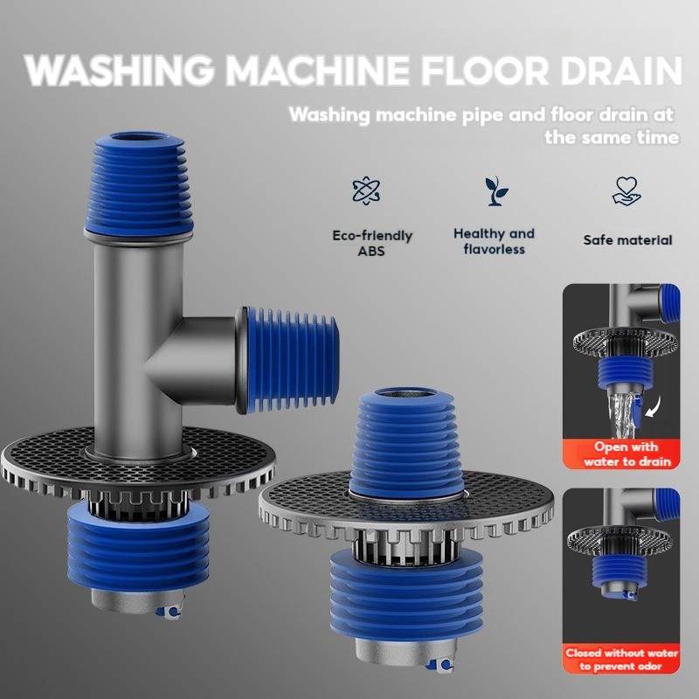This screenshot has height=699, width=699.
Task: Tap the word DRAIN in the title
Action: point(621,71)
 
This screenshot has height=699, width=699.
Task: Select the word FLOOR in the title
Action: point(486,71)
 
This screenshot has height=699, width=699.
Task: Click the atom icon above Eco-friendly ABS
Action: point(366,190)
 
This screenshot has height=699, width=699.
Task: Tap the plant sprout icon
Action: point(495,190)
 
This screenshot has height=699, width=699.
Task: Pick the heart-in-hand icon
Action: point(626,190)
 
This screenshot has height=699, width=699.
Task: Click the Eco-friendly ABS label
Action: point(372,243)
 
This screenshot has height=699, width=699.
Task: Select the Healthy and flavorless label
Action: point(494,241)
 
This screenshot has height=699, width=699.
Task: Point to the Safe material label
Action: point(627,239)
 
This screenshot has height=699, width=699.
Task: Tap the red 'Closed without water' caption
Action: point(621,659)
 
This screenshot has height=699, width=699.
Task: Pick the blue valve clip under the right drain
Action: point(441,666)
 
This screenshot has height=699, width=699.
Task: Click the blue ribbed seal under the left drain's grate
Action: point(138,550)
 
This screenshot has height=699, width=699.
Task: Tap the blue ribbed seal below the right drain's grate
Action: point(405,597)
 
